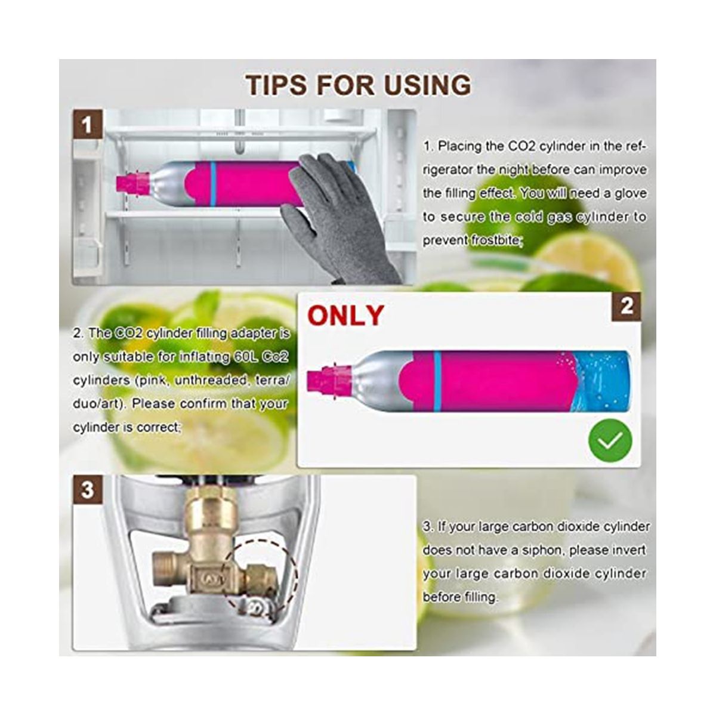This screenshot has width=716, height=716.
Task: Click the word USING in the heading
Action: pyautogui.click(x=427, y=85)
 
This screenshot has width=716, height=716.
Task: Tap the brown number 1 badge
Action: pyautogui.click(x=87, y=124)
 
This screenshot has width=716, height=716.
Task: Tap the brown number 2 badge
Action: pyautogui.click(x=626, y=307)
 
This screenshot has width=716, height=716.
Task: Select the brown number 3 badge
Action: pyautogui.click(x=87, y=489)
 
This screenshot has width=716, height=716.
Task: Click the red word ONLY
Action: pyautogui.click(x=345, y=316)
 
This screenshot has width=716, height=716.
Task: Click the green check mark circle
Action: pyautogui.click(x=610, y=440)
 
